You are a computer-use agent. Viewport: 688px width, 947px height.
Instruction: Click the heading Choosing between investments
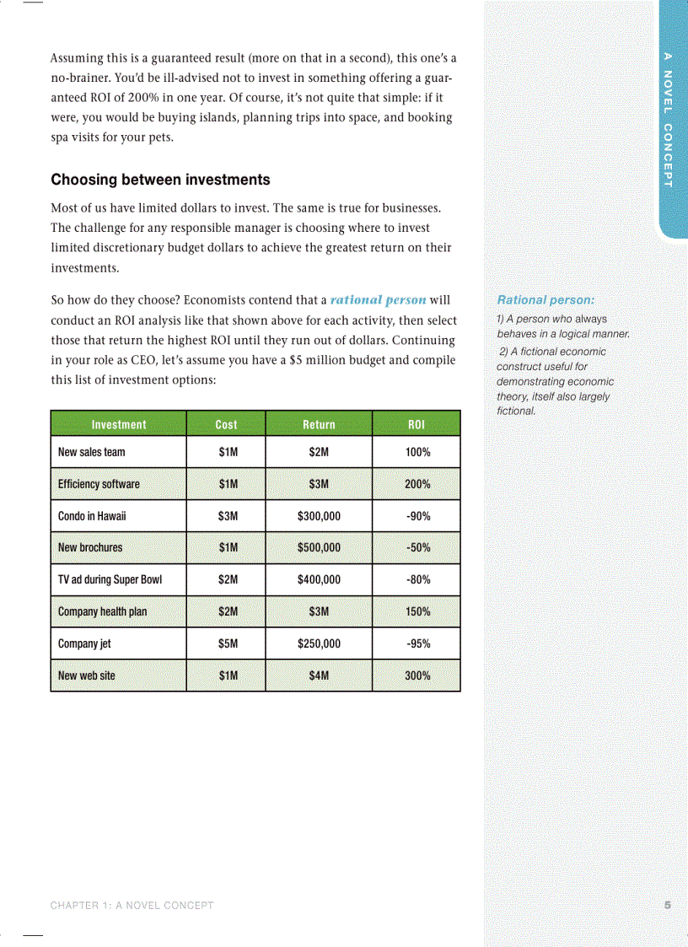pos(160,180)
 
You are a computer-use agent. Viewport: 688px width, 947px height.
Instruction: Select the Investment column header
pos(118,424)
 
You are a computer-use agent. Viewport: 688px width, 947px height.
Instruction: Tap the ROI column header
pos(417,424)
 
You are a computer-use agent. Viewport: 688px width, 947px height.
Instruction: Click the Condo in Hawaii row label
pos(92,516)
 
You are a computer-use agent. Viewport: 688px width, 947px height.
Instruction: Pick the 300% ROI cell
pos(417,675)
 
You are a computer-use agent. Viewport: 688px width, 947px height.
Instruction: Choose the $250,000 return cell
pos(319,643)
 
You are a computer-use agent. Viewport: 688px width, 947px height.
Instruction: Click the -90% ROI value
pos(417,516)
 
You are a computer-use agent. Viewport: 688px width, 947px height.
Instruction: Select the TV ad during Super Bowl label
pos(110,579)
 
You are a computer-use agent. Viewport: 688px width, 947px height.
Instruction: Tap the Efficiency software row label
pos(99,484)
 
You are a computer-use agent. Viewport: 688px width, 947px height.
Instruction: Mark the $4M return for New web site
pos(319,675)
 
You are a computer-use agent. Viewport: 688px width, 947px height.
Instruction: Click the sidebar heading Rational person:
pos(546,299)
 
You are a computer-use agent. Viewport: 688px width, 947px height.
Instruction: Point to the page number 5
pos(667,906)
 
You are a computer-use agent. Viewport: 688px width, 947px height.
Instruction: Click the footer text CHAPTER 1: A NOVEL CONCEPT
pos(132,906)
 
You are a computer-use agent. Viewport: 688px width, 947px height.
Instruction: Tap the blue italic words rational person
pos(378,300)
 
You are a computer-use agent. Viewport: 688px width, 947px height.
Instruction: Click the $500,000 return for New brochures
pos(319,547)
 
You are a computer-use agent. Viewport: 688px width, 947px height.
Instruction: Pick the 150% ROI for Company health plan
pos(417,611)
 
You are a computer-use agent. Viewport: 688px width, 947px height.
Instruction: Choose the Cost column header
pos(226,424)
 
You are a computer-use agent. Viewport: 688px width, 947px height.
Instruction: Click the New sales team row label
pos(91,452)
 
